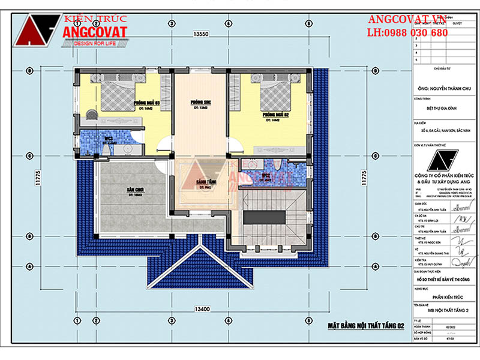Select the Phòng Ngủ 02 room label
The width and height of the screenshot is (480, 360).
coord(275,114)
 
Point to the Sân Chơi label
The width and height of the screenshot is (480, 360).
coord(134,190)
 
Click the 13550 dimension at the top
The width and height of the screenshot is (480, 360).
coord(200,34)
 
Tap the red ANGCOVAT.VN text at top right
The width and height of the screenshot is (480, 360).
coord(407,20)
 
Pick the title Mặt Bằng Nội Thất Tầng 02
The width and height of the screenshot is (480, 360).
coord(366,325)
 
